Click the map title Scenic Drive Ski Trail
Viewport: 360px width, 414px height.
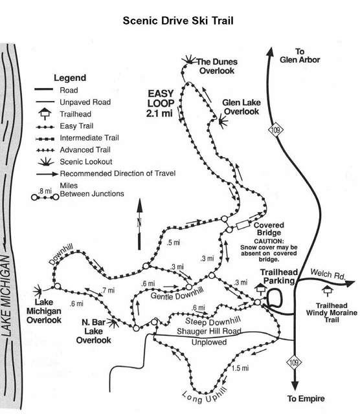click(x=179, y=20)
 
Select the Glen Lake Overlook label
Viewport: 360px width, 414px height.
click(x=240, y=106)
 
